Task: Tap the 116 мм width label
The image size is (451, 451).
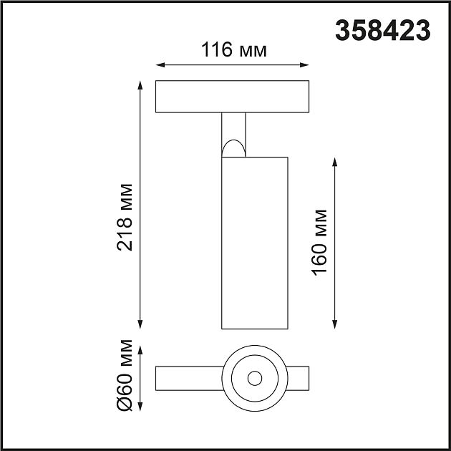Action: [x=233, y=50]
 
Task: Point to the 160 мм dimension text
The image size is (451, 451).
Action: [x=319, y=241]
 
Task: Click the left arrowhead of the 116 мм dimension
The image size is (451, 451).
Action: [x=160, y=65]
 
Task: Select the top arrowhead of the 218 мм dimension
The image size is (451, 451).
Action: [x=140, y=85]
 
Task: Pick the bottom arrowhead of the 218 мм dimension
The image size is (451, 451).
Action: [x=140, y=324]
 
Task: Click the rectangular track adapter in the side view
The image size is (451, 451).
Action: [x=233, y=97]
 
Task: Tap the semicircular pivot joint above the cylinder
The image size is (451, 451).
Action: [x=233, y=148]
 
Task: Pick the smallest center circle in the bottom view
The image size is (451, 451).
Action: [x=254, y=377]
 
